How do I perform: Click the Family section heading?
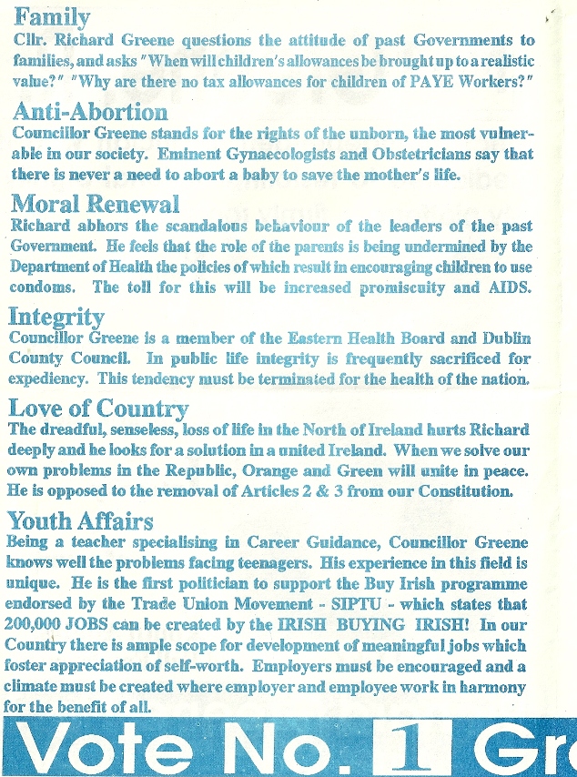[x=52, y=19]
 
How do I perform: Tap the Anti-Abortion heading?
[x=90, y=113]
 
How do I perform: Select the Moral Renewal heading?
[x=94, y=204]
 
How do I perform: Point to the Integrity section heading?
[x=56, y=316]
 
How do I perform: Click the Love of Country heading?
[x=97, y=409]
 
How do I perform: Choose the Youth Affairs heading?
[x=80, y=520]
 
